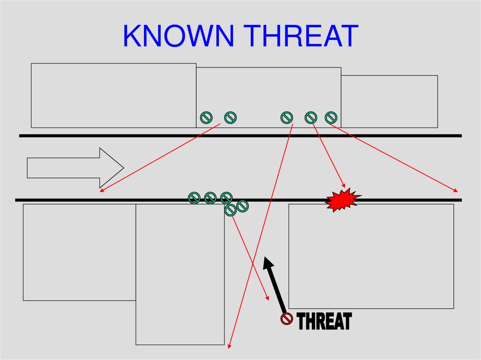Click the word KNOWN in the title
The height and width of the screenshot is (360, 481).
(180, 36)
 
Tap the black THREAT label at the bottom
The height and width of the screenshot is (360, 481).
(325, 322)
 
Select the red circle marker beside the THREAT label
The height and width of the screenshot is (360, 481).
(287, 319)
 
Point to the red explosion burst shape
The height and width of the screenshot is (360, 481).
(343, 200)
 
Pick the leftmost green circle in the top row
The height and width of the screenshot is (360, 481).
(206, 118)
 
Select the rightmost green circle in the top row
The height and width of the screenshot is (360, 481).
(331, 117)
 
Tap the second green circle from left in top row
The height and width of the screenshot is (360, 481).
(230, 118)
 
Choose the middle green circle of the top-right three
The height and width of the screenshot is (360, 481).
(311, 117)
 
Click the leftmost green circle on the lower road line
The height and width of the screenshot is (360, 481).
(194, 198)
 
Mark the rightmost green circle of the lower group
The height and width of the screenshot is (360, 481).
(243, 206)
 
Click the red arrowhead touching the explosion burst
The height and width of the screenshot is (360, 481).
(343, 185)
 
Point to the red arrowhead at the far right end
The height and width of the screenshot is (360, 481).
(456, 191)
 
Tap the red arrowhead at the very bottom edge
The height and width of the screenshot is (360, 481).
(229, 346)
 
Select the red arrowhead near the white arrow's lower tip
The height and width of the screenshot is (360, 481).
(101, 190)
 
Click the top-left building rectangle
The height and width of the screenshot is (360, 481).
(113, 95)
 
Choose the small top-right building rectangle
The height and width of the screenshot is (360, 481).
(389, 101)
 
